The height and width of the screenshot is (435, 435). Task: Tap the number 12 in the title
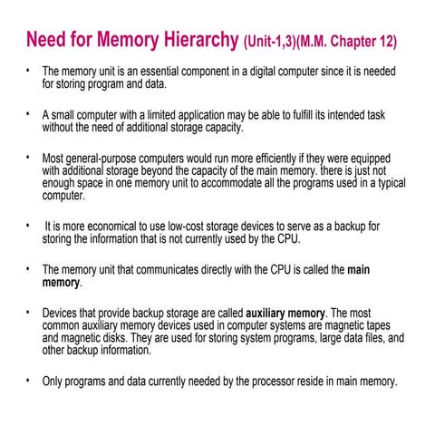pyautogui.click(x=385, y=43)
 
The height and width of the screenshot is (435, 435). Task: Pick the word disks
pyautogui.click(x=111, y=337)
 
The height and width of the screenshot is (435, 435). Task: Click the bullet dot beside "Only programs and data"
pyautogui.click(x=28, y=380)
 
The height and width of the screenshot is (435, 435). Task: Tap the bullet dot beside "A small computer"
pyautogui.click(x=28, y=114)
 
